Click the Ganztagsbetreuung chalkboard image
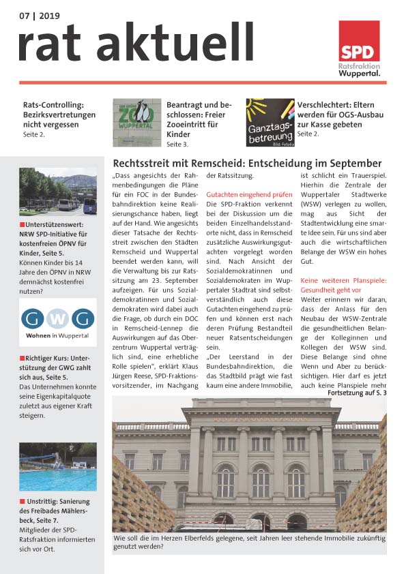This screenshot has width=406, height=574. [x=270, y=121]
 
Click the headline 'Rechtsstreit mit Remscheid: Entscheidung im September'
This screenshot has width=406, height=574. [x=247, y=164]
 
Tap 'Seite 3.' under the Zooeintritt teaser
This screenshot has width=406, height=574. [x=177, y=145]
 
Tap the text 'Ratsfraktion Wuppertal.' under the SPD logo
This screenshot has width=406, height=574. [x=360, y=70]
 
